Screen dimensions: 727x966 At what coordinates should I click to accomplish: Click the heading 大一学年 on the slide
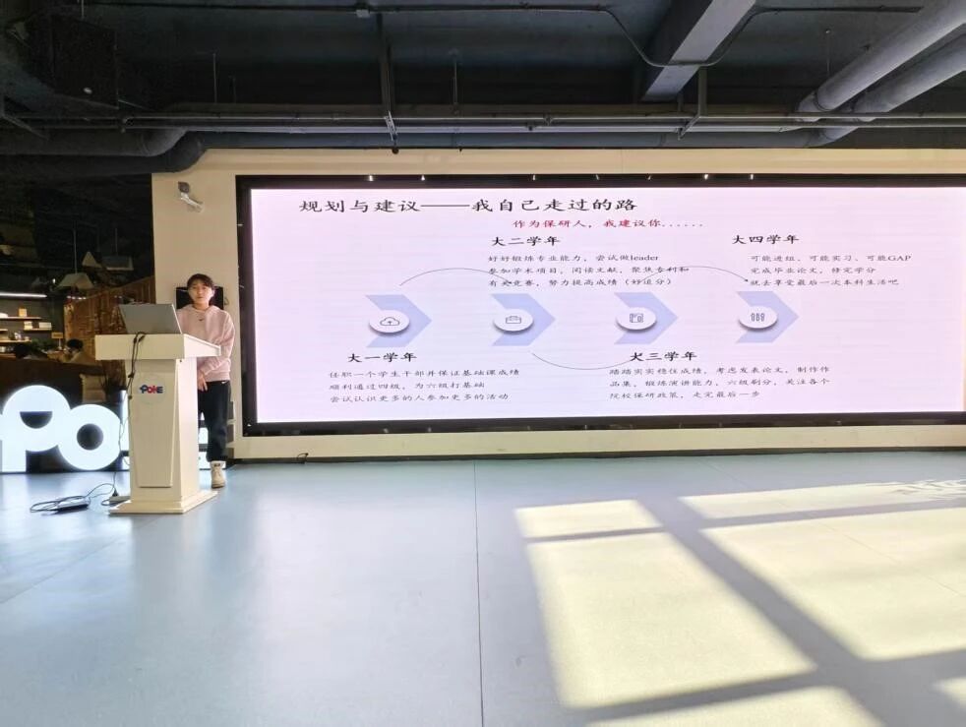pyautogui.click(x=382, y=356)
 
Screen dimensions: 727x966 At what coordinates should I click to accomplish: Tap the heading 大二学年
pyautogui.click(x=524, y=241)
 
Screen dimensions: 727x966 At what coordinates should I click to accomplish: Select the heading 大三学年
pyautogui.click(x=663, y=355)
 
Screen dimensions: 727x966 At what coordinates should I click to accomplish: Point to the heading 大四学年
pyautogui.click(x=764, y=239)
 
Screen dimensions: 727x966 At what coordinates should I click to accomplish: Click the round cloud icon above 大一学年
pyautogui.click(x=390, y=322)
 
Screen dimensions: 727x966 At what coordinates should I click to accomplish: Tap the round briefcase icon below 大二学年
pyautogui.click(x=513, y=320)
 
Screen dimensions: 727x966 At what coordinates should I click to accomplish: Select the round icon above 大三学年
pyautogui.click(x=636, y=318)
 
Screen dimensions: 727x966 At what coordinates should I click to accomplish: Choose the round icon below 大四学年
pyautogui.click(x=757, y=317)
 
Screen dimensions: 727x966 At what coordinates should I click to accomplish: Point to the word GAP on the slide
pyautogui.click(x=898, y=258)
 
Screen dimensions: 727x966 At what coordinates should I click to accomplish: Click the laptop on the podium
pyautogui.click(x=149, y=319)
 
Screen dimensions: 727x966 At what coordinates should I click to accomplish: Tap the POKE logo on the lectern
pyautogui.click(x=151, y=389)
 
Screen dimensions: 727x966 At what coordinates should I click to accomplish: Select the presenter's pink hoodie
pyautogui.click(x=210, y=340)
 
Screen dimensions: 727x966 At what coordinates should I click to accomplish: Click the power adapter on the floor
pyautogui.click(x=71, y=506)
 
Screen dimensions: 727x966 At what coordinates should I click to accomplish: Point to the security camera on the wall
pyautogui.click(x=188, y=196)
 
